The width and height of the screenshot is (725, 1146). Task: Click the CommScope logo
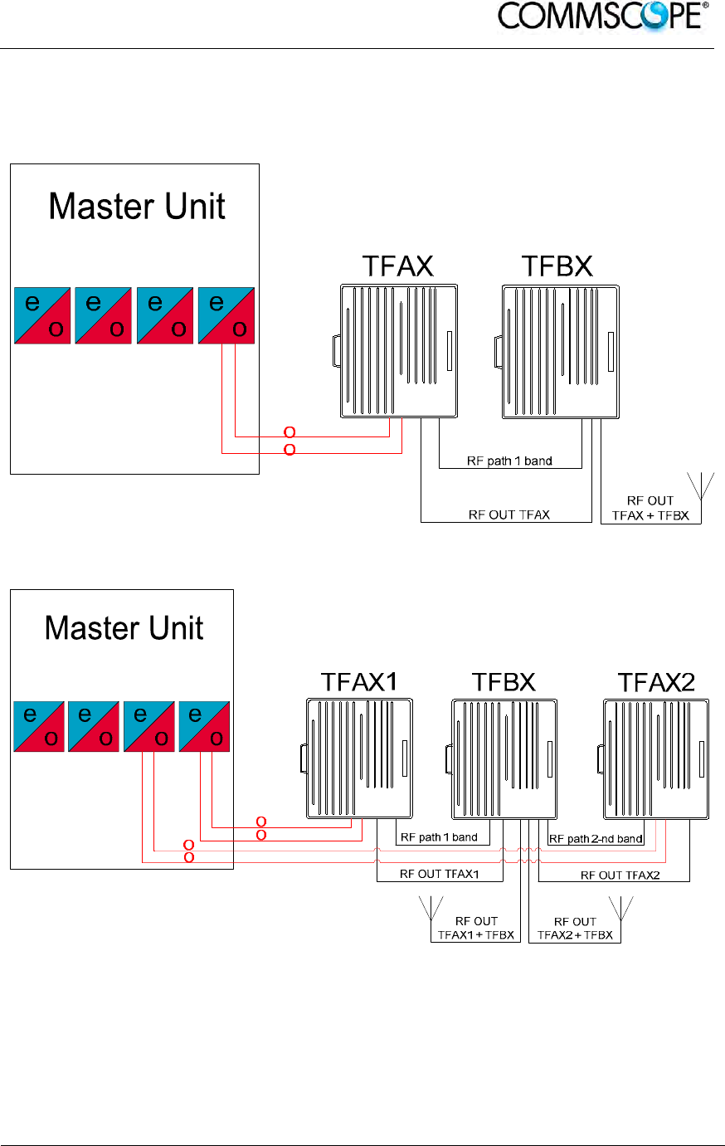click(603, 17)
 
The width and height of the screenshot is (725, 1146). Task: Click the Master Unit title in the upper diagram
click(137, 207)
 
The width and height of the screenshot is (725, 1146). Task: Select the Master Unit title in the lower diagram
click(124, 628)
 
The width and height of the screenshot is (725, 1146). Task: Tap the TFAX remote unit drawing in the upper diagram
click(398, 351)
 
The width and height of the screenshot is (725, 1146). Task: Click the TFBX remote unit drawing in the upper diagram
click(559, 351)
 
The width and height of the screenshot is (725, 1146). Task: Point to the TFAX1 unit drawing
click(358, 758)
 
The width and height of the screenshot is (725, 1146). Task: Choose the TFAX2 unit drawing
click(654, 758)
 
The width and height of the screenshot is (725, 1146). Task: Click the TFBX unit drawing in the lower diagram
click(503, 758)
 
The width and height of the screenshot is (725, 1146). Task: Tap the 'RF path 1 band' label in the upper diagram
click(509, 461)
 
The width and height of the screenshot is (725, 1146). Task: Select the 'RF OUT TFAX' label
click(509, 515)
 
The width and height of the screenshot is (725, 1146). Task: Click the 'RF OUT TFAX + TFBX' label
click(650, 508)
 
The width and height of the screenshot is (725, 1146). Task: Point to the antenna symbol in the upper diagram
click(702, 485)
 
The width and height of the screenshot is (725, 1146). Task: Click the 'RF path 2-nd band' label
click(596, 839)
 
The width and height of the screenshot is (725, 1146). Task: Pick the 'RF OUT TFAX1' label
click(439, 874)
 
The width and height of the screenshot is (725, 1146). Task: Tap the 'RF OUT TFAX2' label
click(620, 875)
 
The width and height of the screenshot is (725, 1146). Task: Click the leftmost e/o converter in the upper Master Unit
click(42, 316)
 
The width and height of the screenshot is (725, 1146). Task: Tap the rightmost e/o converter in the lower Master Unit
click(204, 727)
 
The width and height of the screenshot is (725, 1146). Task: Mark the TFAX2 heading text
click(656, 683)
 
